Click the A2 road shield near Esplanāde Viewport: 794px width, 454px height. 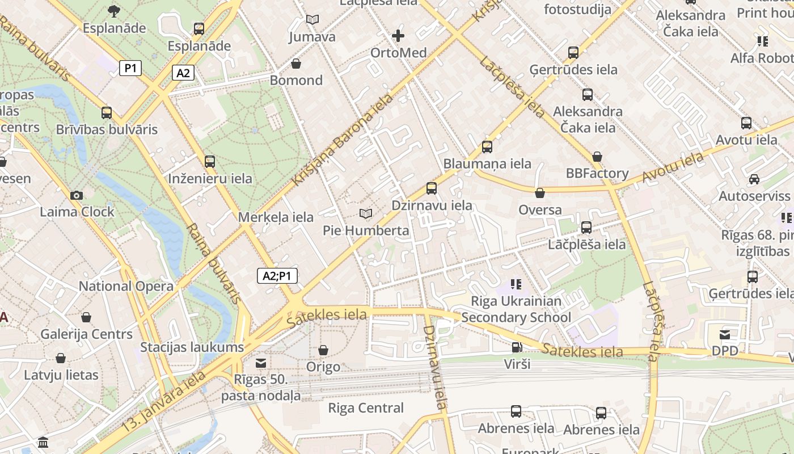pos(183,73)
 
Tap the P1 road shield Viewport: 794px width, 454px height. pos(130,68)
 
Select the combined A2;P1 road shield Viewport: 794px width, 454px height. pos(277,276)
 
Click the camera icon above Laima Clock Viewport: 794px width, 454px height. pos(77,195)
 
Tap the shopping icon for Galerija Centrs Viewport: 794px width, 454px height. pos(86,317)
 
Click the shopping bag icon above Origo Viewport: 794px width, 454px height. pos(323,350)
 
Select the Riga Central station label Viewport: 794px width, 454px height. pos(366,408)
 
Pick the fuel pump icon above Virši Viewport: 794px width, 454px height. pos(517,347)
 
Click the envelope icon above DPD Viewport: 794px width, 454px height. pos(725,334)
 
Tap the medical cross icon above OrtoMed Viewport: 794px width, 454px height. pos(398,36)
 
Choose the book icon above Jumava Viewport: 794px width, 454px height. pos(312,20)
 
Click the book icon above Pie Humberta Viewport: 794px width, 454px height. pos(366,213)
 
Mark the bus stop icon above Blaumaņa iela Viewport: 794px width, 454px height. pos(487,147)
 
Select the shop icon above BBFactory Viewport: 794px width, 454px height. pos(597,157)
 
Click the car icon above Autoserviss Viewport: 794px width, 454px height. pos(754,179)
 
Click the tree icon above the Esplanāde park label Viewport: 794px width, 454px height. pos(114,11)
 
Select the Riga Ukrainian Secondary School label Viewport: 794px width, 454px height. pos(516,309)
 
